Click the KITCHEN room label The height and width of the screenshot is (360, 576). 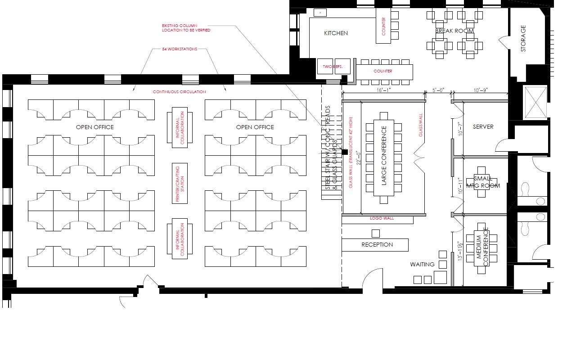click(336, 33)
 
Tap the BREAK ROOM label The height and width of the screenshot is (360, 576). click(454, 31)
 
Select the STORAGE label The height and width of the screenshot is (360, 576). click(523, 38)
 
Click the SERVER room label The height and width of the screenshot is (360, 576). click(483, 127)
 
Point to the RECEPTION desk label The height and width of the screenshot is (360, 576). click(377, 245)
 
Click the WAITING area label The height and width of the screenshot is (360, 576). click(422, 265)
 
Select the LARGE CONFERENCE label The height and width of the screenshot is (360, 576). click(384, 156)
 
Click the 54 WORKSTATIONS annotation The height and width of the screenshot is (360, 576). click(180, 49)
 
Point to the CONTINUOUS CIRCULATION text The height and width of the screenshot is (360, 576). click(179, 92)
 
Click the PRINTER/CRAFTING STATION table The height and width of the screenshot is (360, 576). click(180, 183)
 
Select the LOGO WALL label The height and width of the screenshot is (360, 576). click(382, 218)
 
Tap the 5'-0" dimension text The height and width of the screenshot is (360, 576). click(438, 90)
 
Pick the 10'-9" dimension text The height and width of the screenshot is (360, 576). click(480, 90)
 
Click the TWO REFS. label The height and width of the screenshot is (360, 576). click(333, 67)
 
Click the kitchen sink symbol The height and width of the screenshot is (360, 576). click(320, 12)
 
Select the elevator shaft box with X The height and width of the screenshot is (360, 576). click(535, 103)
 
